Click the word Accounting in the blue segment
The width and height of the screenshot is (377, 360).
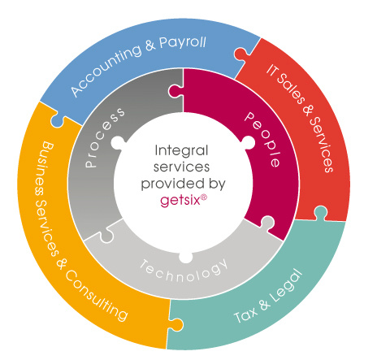106,70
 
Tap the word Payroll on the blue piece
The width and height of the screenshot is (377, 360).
182,43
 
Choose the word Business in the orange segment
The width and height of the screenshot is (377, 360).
41,167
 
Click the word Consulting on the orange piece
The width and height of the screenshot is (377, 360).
96,296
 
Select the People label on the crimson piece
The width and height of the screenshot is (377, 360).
262,139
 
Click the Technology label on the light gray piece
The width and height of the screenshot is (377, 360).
184,271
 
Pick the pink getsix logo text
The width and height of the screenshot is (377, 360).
180,201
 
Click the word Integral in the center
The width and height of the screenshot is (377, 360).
181,150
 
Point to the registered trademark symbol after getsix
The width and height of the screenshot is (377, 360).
204,197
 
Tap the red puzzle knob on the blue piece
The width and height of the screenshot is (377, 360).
240,54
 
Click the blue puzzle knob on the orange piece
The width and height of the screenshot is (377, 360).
57,120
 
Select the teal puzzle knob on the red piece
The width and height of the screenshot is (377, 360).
320,212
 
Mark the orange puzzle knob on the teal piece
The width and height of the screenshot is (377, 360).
176,324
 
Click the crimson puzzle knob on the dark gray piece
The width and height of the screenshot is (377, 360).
175,92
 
